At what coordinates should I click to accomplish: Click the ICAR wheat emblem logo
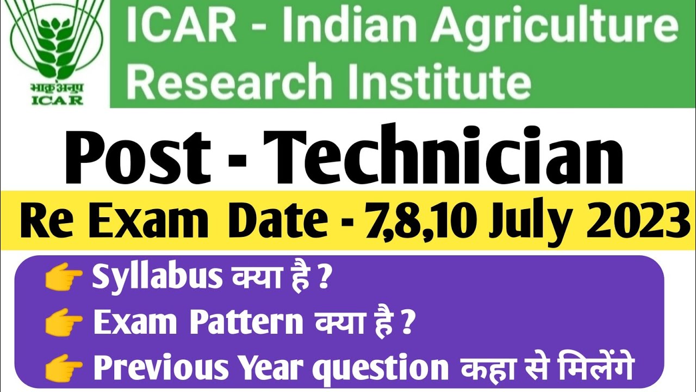pyautogui.click(x=52, y=44)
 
